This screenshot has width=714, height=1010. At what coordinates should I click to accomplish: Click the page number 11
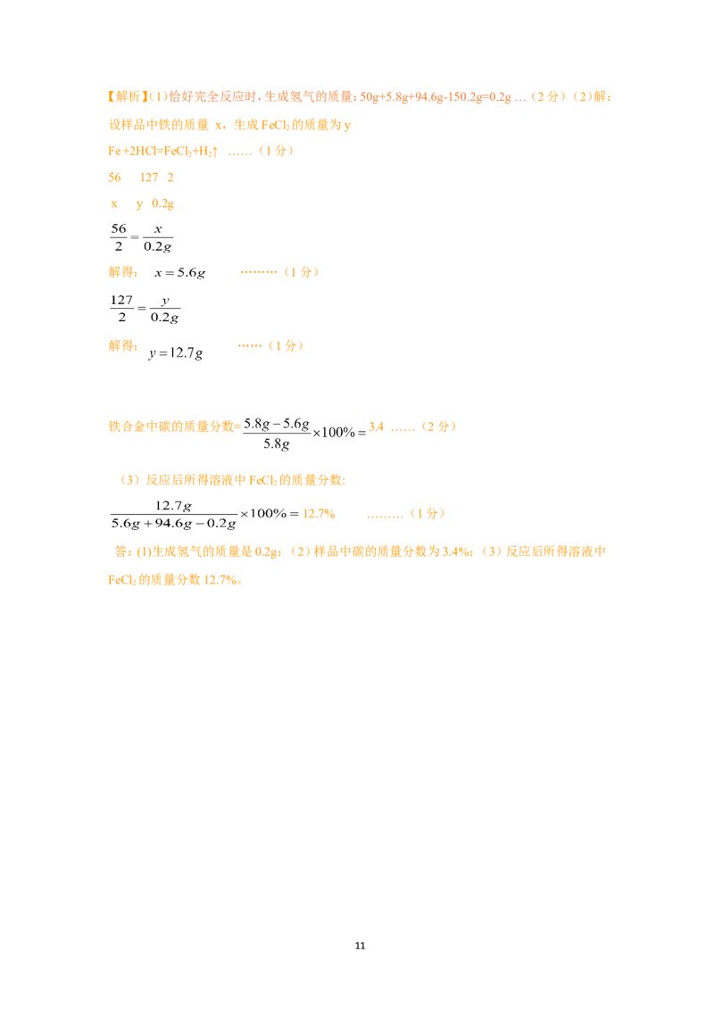(360, 946)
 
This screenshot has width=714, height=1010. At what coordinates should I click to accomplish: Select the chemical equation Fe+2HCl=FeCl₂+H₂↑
(163, 152)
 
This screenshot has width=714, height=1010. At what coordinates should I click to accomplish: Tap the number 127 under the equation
(149, 178)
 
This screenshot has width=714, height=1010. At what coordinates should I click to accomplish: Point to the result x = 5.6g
(179, 273)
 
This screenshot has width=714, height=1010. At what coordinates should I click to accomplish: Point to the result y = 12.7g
(176, 353)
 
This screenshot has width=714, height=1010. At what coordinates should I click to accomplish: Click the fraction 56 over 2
(119, 237)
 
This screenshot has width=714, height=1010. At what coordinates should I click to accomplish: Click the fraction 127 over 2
(121, 309)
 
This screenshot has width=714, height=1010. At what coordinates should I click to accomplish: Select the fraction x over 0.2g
(158, 237)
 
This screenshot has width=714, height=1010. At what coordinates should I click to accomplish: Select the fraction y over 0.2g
(165, 309)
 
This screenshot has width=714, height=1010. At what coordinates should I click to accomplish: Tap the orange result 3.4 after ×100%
(377, 427)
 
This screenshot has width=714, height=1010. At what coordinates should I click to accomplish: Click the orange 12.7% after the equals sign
(319, 513)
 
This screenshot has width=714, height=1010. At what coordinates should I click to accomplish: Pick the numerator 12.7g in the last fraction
(173, 506)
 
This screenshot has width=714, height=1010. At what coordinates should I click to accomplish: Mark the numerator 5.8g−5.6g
(277, 424)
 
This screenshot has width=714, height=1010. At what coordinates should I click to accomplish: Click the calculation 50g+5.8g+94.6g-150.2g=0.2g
(436, 97)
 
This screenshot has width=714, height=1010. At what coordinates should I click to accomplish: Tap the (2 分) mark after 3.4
(439, 426)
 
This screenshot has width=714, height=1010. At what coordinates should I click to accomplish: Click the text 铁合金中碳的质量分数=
(175, 426)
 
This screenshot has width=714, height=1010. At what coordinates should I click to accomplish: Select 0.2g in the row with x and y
(163, 204)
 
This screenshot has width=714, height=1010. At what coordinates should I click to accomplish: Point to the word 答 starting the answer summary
(120, 551)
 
